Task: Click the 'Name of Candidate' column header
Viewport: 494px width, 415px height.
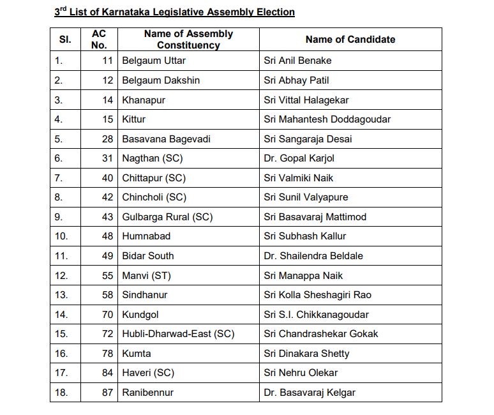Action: click(x=350, y=40)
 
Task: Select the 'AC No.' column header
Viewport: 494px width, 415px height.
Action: click(x=100, y=40)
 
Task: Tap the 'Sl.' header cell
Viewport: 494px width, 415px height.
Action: click(x=65, y=40)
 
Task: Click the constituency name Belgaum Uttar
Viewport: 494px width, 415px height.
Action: click(x=154, y=61)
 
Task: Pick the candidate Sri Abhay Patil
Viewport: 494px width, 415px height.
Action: click(x=296, y=80)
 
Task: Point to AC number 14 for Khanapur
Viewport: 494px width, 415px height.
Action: click(x=107, y=100)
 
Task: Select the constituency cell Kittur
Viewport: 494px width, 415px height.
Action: click(x=134, y=119)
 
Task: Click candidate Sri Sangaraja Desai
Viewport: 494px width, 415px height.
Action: click(x=308, y=139)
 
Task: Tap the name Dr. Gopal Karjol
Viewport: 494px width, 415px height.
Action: click(x=299, y=158)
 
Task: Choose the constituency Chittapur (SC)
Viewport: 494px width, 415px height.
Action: click(x=154, y=178)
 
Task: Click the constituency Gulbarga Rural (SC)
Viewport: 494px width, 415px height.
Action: click(x=167, y=217)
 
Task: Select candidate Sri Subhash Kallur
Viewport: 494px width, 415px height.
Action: click(x=305, y=236)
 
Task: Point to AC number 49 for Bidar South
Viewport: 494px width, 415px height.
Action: click(x=107, y=256)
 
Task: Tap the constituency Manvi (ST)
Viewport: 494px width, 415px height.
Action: click(x=146, y=275)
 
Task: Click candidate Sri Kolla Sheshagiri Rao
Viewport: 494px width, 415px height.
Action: click(x=317, y=295)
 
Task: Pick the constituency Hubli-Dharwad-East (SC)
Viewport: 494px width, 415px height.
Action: click(x=178, y=334)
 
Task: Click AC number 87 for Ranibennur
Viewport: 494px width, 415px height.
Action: click(x=107, y=392)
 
